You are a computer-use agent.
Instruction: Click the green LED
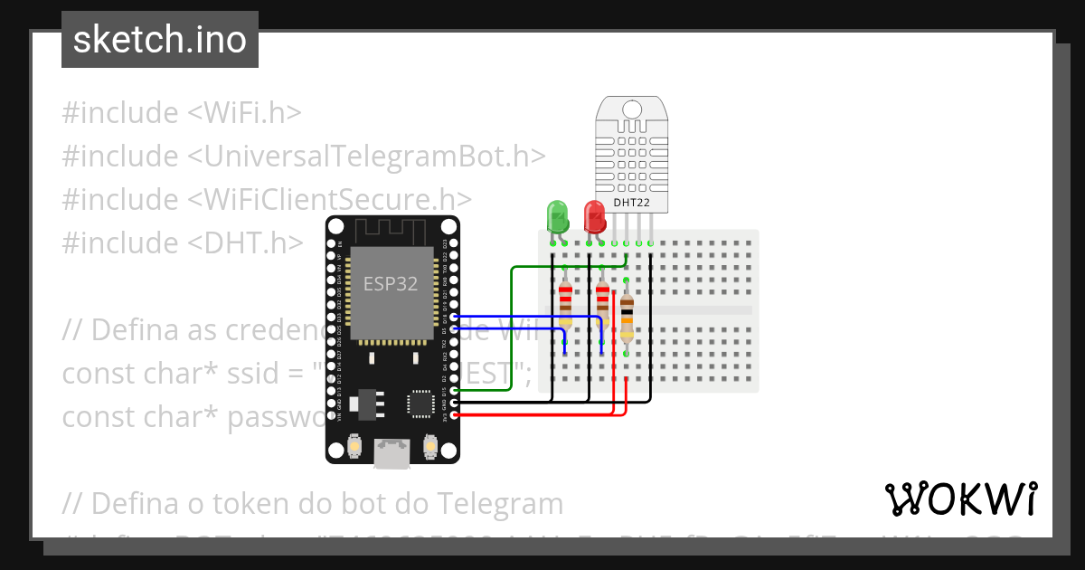(557, 216)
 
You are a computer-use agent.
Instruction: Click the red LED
(594, 216)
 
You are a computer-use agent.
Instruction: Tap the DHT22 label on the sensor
(631, 203)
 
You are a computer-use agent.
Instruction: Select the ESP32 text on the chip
(391, 283)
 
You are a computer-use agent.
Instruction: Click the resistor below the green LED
(565, 304)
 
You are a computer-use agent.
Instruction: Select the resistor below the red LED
(602, 302)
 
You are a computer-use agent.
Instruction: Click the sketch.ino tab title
(160, 40)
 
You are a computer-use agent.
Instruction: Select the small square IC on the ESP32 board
(420, 403)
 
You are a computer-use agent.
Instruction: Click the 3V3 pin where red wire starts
(454, 415)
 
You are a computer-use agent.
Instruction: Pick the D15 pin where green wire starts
(454, 390)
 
